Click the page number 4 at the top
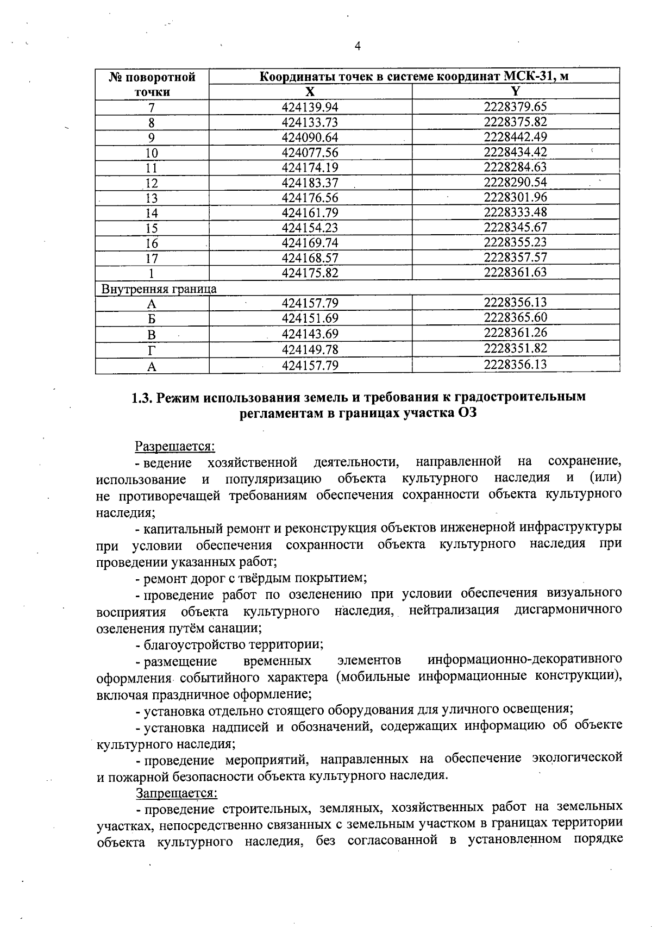pos(358,46)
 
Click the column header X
pos(310,91)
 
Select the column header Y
pos(516,91)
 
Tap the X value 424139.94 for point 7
pos(310,107)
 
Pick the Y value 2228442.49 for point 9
pos(515,137)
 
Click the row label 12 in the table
pos(152,183)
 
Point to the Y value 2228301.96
pos(515,197)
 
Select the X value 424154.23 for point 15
pos(310,228)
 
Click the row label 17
pos(152,258)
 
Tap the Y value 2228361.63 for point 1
pos(515,272)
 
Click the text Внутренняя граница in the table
pos(159,289)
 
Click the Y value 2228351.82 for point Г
pos(515,348)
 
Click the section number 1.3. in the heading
pos(143,397)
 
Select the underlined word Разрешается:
pos(175,447)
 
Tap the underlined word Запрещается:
pos(176,793)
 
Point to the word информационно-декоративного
pos(524,660)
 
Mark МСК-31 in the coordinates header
pos(531,76)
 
